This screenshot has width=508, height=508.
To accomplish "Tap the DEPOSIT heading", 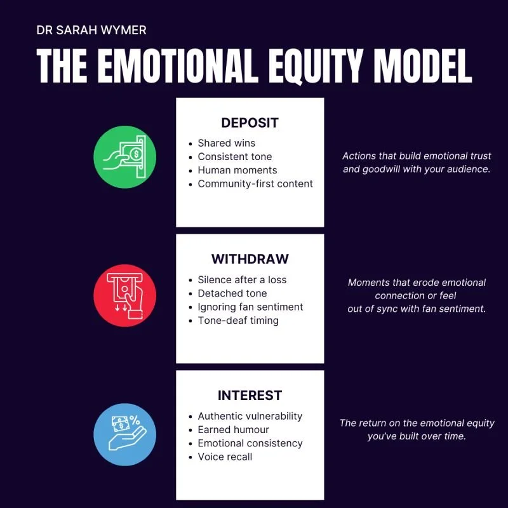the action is (250, 123).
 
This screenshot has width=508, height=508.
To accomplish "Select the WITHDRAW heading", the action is (250, 259).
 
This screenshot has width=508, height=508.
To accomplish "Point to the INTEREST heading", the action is (250, 396).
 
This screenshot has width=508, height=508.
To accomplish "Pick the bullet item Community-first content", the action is (255, 184).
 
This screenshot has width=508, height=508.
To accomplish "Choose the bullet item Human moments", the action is (237, 170).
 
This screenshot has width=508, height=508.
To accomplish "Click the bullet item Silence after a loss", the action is (242, 280).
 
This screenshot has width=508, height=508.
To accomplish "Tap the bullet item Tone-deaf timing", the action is (238, 321).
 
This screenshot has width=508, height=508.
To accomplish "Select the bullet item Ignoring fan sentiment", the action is (250, 307).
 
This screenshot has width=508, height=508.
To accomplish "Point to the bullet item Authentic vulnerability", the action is (250, 417).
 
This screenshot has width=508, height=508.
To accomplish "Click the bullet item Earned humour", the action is (233, 430).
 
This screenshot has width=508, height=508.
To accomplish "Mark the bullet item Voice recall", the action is (225, 457).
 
